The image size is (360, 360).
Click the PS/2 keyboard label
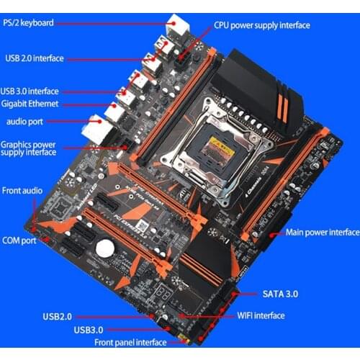coord(27,22)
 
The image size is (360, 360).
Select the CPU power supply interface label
coord(262,25)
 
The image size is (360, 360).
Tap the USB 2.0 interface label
coord(34,58)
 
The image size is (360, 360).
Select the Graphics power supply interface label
coord(29,148)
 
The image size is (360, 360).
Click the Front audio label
coord(22,190)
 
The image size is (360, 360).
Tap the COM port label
coord(19,240)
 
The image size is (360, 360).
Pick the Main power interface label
coord(323,233)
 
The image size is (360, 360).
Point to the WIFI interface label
coord(261,315)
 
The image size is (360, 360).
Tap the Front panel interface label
coord(120,343)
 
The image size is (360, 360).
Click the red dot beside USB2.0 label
coord(97,316)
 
